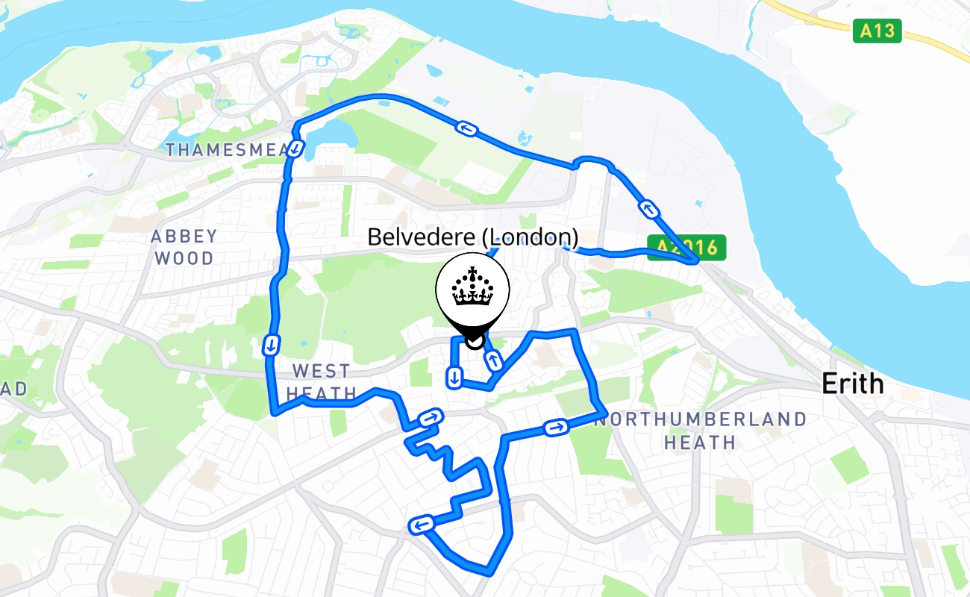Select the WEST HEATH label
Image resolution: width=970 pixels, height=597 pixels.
coord(322,381)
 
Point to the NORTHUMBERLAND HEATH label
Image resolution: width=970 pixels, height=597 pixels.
coord(700,431)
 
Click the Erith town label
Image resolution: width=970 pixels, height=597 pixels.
coord(852,384)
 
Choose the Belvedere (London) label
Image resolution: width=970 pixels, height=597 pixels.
coord(472,237)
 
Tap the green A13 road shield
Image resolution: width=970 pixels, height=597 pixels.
coord(877,31)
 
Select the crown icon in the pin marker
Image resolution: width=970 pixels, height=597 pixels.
coord(472,287)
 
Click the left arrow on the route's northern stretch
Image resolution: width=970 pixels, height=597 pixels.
coord(467,130)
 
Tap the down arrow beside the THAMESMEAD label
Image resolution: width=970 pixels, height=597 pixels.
coord(296,149)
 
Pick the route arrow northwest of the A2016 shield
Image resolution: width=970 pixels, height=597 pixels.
coord(650,210)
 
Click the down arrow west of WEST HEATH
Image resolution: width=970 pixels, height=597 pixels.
coord(272,345)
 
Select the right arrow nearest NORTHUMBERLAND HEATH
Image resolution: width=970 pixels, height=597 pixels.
coord(556,428)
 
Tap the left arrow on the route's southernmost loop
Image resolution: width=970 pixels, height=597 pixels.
coord(420,525)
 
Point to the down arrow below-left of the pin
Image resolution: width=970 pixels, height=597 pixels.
coord(453,378)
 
